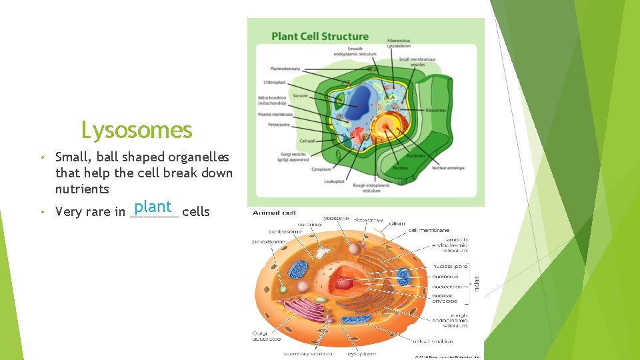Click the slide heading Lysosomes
point(136,129)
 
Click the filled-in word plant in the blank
point(153,207)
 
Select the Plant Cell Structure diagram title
point(320,36)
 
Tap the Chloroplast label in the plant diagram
point(275,83)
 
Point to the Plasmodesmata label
point(285,68)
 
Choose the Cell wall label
point(307,141)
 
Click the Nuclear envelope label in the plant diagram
point(448,168)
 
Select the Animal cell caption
point(274,213)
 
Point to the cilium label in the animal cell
point(397,223)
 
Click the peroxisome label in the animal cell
point(269,241)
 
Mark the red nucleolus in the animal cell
point(344,283)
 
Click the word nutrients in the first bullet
point(82,189)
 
